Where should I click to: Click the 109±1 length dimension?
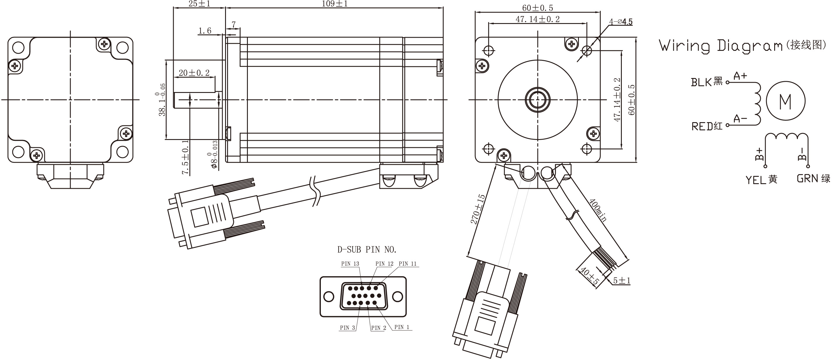click(334, 4)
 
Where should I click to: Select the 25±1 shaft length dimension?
click(199, 4)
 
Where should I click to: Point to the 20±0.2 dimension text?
click(194, 73)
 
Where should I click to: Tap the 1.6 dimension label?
click(205, 31)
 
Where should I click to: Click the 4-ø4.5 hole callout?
click(620, 22)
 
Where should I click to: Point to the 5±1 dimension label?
click(622, 281)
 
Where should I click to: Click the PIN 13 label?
click(350, 264)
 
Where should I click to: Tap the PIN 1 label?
click(401, 327)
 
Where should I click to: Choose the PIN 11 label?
click(408, 264)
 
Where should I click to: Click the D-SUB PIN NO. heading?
click(367, 250)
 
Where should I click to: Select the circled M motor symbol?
click(785, 101)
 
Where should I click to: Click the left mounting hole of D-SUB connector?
click(328, 296)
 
